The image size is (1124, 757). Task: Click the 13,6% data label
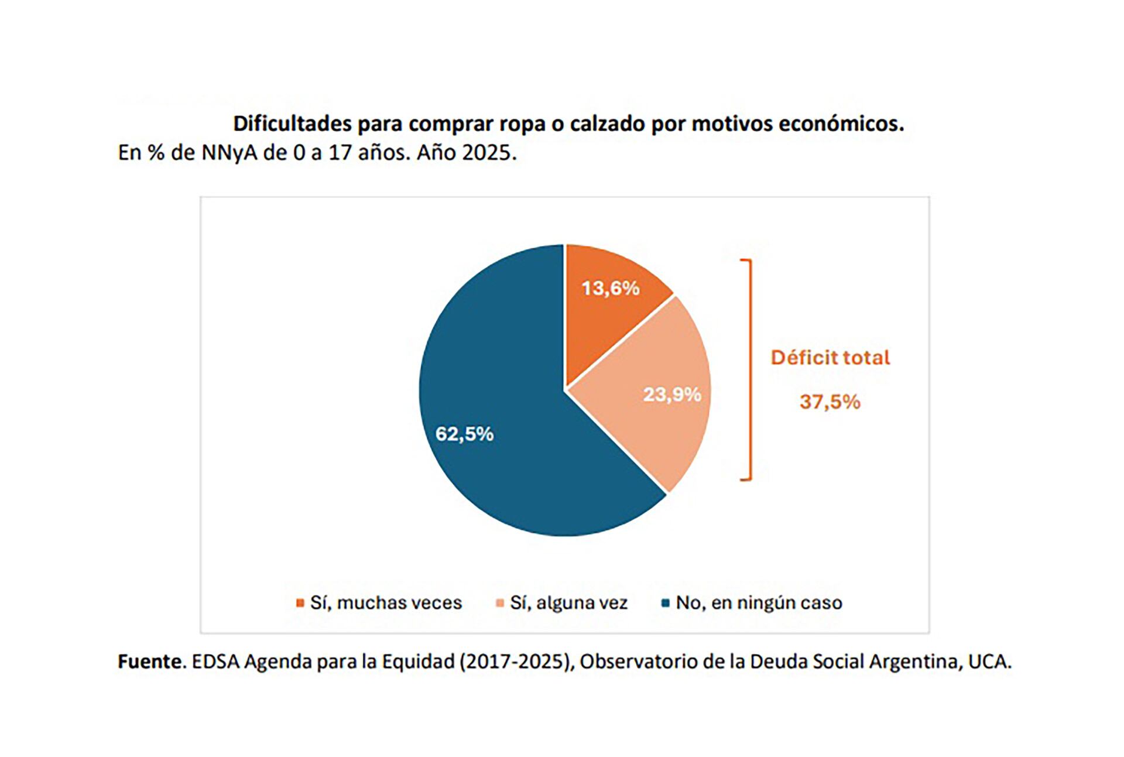coord(610,288)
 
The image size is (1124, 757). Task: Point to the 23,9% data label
coord(672,395)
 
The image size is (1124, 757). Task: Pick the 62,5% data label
coord(464,434)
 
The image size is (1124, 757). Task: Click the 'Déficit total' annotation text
coord(830,358)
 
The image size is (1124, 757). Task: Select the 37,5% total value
coord(830,402)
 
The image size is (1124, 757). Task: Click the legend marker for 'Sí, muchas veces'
coord(300,603)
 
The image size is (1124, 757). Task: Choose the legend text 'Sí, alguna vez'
coord(568,602)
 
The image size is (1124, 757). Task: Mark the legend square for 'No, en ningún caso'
coord(665,603)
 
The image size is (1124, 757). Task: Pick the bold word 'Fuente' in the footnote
coord(150,662)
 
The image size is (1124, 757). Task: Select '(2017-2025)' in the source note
coord(516,662)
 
